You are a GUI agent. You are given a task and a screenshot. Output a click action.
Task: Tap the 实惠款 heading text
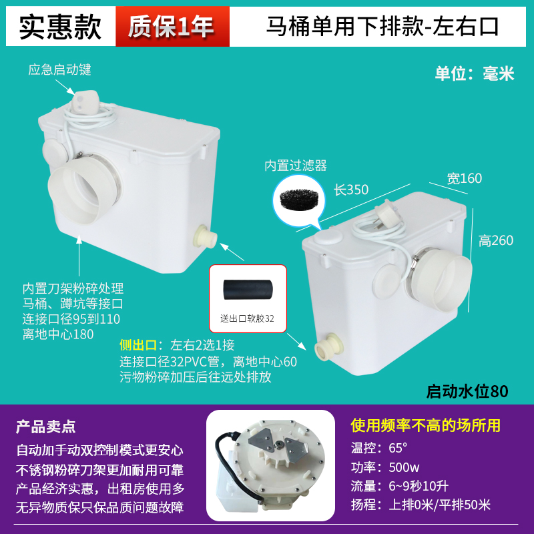tap(60, 27)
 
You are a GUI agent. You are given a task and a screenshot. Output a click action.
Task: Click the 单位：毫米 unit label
tap(475, 73)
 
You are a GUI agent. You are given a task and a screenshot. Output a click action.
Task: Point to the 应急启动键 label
tap(59, 69)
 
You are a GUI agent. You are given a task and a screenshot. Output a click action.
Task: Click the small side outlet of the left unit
tap(202, 236)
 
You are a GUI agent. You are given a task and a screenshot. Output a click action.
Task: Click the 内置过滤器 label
tap(305, 166)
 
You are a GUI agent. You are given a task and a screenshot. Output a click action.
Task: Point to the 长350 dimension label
tap(351, 190)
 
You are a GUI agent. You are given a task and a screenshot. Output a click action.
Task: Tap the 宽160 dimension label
tap(465, 178)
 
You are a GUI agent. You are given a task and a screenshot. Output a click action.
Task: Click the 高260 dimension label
tap(496, 240)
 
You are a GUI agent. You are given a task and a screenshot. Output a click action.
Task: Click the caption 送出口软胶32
tap(248, 318)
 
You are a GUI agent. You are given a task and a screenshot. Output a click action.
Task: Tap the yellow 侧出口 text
tap(138, 345)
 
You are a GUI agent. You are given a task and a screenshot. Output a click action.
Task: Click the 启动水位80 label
tap(467, 392)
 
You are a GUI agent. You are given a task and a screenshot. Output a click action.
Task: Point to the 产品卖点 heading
tap(46, 426)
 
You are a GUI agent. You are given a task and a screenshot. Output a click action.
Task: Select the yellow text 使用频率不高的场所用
tap(426, 426)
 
